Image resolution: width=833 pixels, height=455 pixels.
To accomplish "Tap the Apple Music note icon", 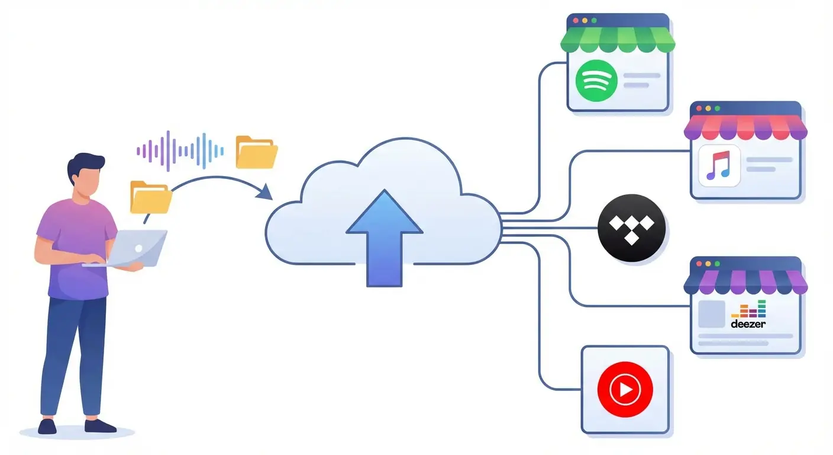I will [x=719, y=166].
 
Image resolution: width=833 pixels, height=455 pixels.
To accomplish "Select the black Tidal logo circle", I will [x=632, y=228].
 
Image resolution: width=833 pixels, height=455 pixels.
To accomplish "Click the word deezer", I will [x=748, y=324].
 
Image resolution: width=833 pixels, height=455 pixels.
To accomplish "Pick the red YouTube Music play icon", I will [x=625, y=389].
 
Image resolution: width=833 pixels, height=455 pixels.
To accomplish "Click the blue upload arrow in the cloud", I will [x=384, y=237].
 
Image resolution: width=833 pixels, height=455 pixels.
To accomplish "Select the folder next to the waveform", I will [x=256, y=152].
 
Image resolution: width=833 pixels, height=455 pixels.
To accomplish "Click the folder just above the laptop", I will [x=150, y=197].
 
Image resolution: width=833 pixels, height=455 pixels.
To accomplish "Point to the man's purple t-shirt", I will [x=77, y=249].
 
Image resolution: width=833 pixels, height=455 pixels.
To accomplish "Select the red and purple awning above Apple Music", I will [x=745, y=127].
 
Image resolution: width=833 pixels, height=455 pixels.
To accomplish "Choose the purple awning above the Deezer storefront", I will [x=745, y=283].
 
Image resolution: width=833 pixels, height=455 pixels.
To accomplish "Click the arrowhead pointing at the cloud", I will [x=264, y=192].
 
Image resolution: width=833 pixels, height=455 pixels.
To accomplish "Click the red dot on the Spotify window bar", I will [x=574, y=20].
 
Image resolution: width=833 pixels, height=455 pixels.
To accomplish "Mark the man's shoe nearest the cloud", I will [x=101, y=425].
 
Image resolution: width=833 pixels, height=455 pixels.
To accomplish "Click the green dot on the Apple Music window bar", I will [x=717, y=109].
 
